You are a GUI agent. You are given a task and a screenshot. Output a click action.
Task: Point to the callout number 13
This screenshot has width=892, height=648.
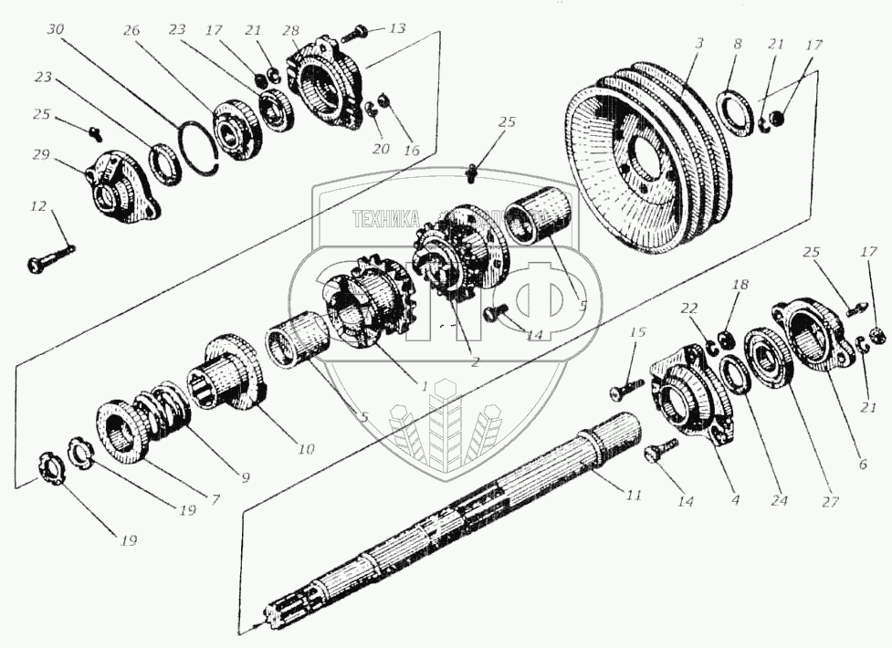(396, 27)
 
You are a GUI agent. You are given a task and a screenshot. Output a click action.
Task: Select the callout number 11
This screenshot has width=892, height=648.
(633, 495)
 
